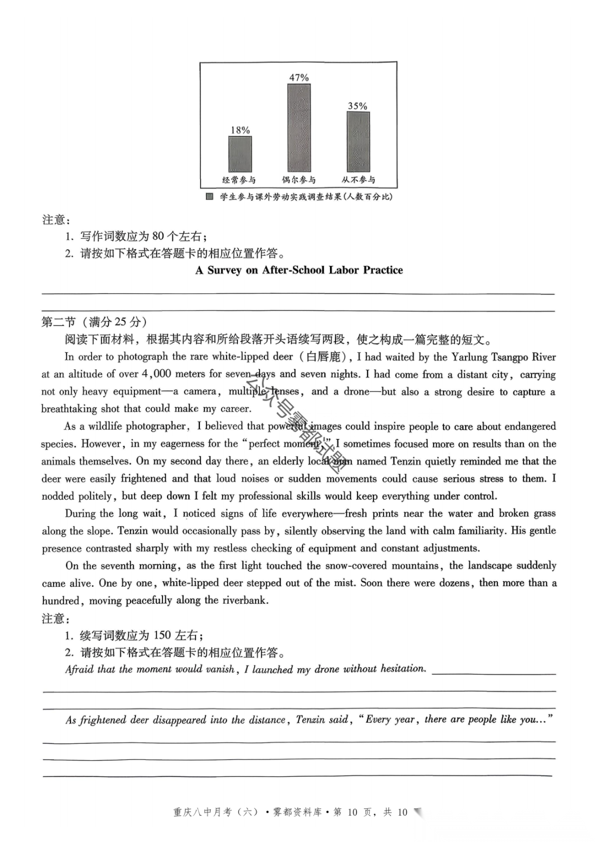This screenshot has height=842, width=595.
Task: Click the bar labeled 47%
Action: (299, 127)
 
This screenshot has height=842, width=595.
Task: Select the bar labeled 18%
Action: (240, 154)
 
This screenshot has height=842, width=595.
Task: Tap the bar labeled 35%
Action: (358, 141)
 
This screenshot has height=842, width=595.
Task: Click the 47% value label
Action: (299, 78)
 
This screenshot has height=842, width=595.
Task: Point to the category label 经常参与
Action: (239, 180)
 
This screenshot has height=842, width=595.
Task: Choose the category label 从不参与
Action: (358, 180)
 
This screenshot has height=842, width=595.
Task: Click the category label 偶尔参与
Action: (299, 180)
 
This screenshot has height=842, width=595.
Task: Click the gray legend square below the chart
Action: (210, 197)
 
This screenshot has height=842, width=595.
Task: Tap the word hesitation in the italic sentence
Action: (402, 669)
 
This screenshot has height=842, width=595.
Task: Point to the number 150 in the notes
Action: (163, 635)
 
